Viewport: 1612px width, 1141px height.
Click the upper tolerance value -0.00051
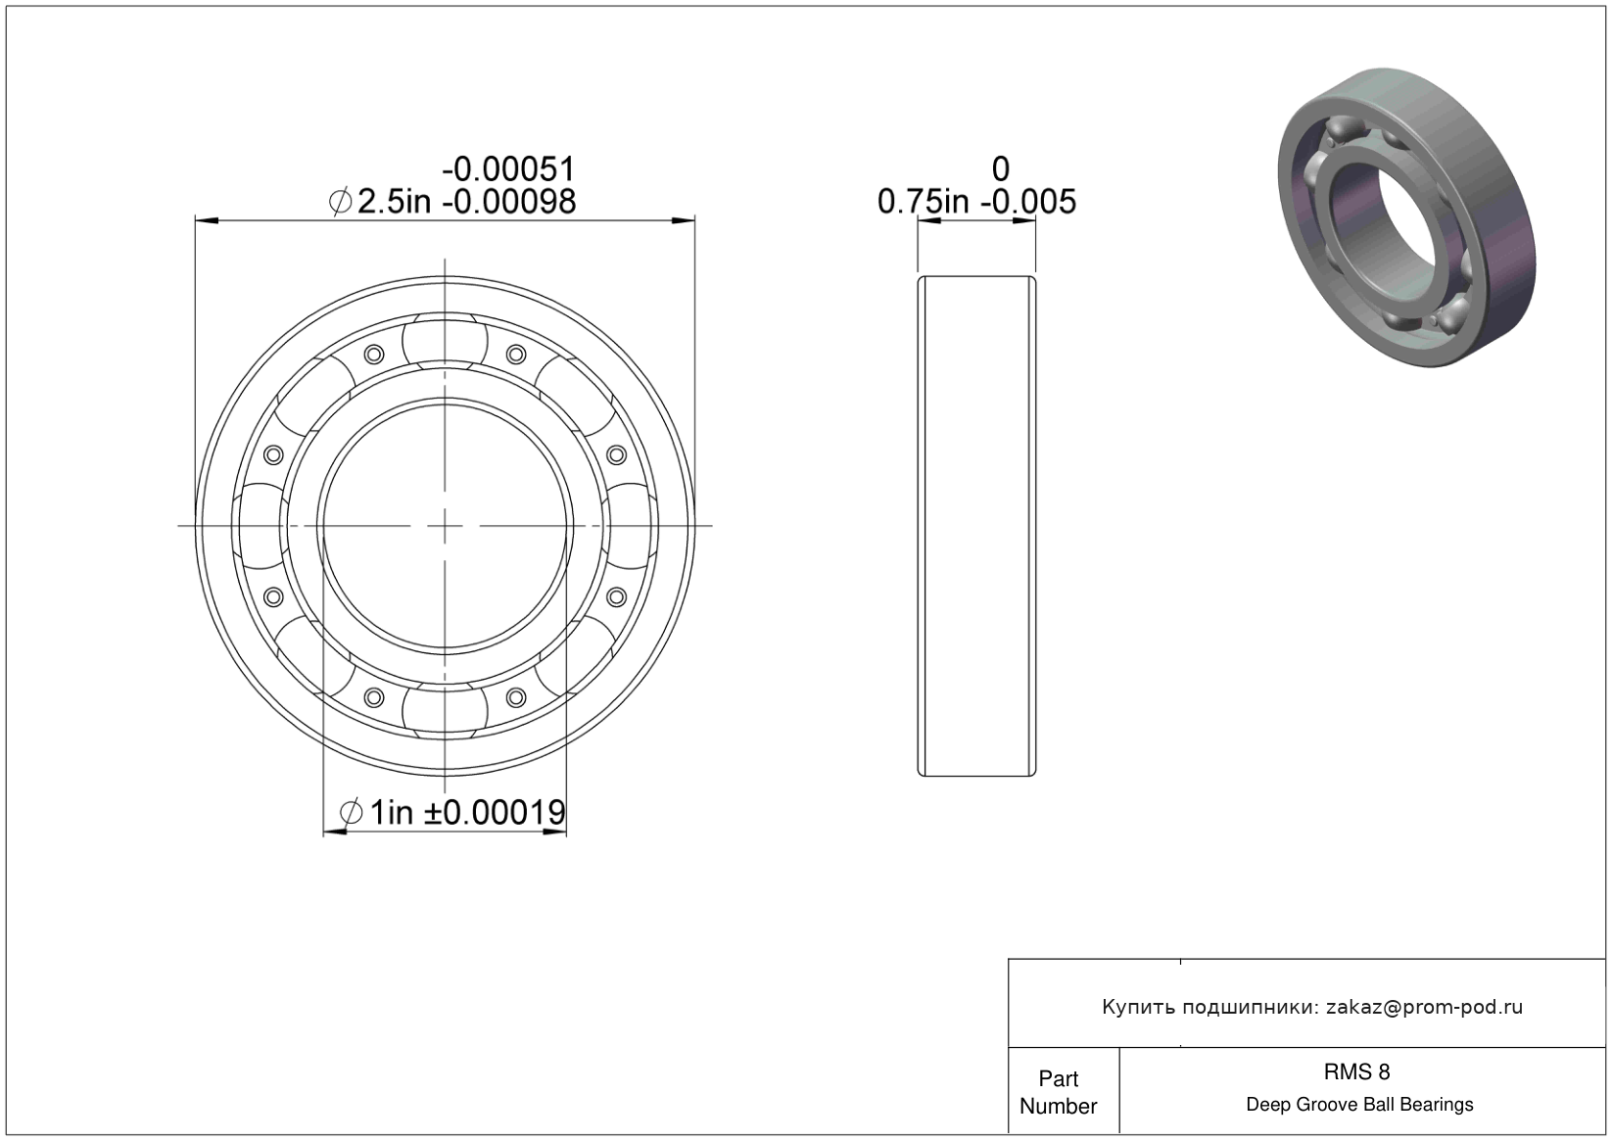(x=509, y=169)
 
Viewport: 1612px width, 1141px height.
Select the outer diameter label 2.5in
(x=394, y=202)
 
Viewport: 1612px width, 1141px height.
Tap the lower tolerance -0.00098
(x=509, y=202)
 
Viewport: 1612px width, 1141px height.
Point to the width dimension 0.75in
(x=924, y=202)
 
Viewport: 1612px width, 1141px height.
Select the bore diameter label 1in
(x=392, y=813)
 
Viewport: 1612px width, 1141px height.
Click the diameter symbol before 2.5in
(x=341, y=202)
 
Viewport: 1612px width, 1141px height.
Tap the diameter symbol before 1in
(x=351, y=813)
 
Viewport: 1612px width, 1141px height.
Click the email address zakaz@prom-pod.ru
(x=1424, y=1007)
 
